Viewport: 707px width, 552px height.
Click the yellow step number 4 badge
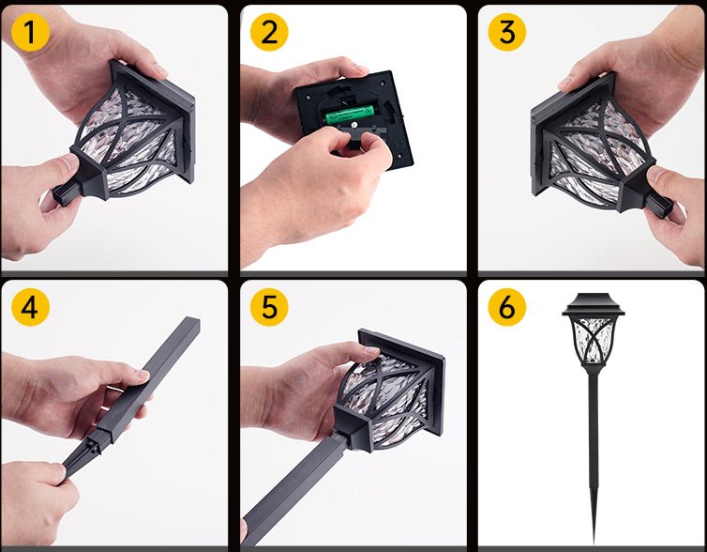click(30, 307)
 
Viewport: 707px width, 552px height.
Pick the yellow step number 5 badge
click(269, 307)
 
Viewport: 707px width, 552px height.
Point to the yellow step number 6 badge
click(506, 307)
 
